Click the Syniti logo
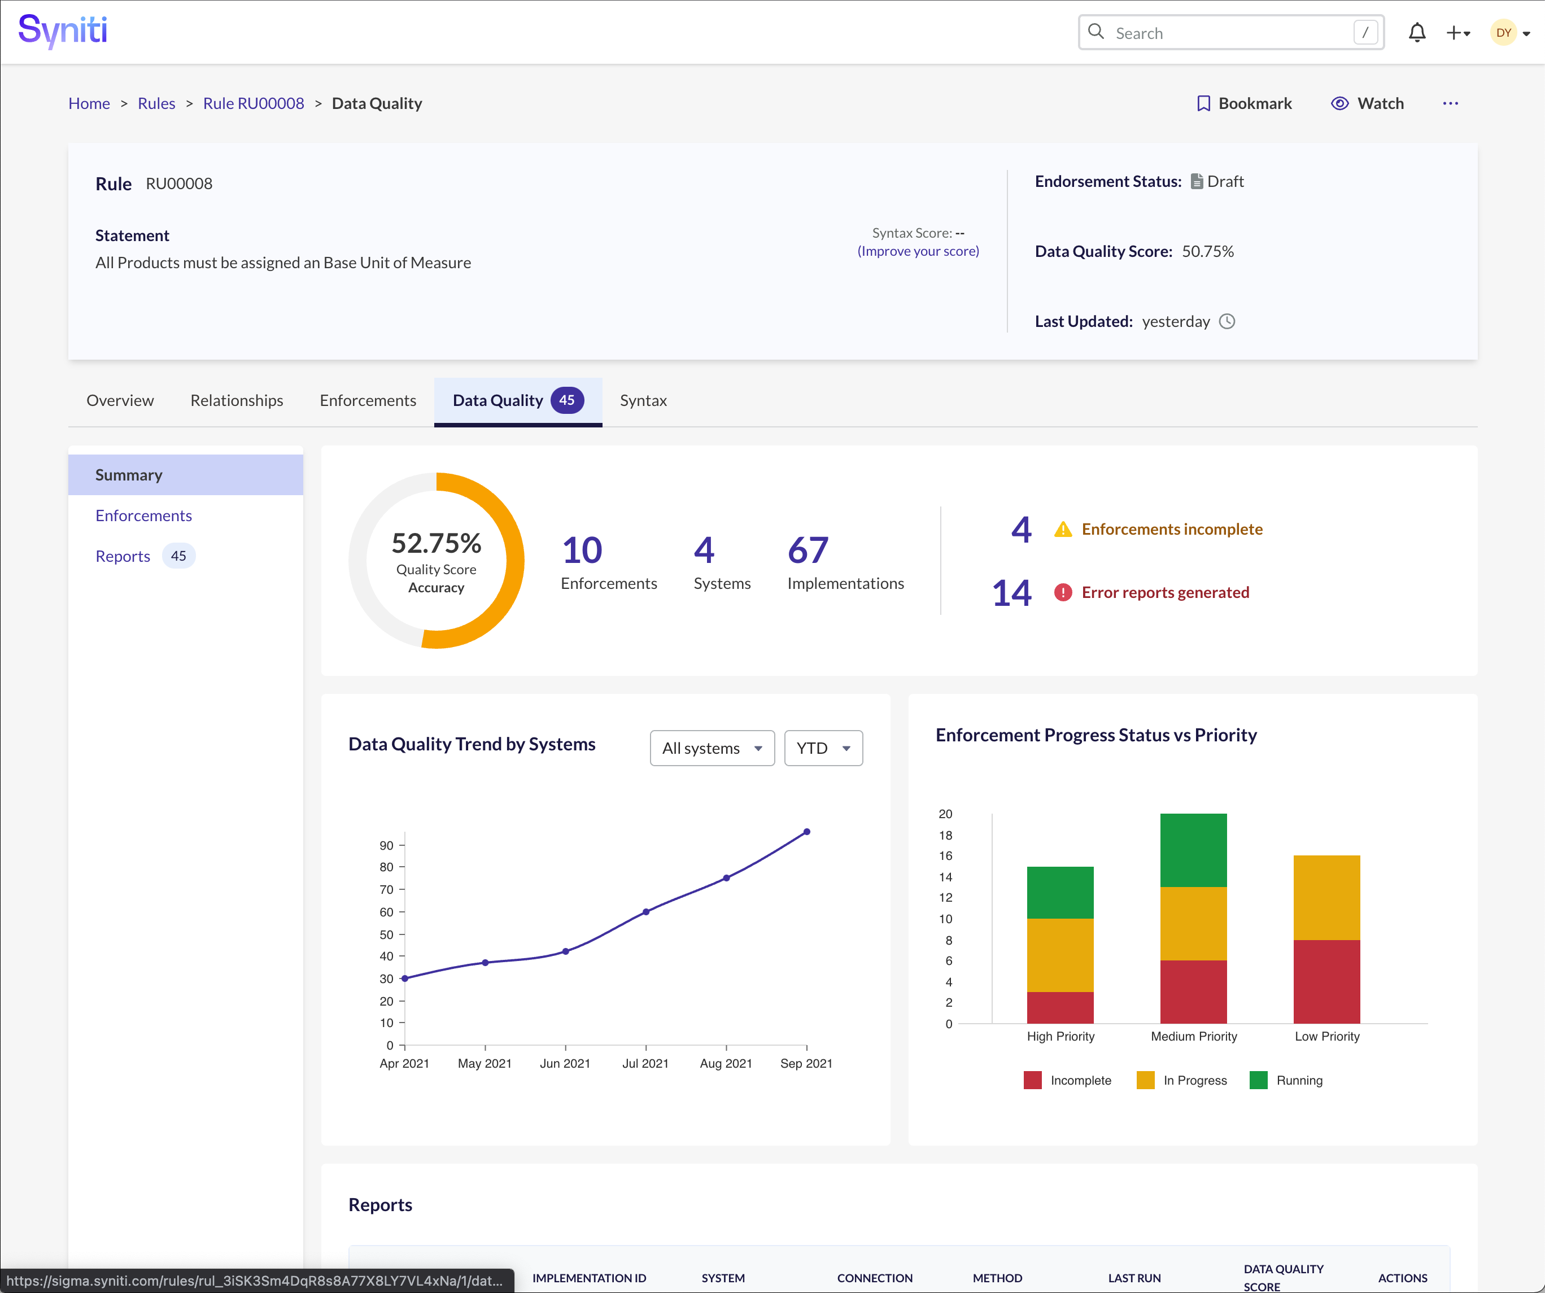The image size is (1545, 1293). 63,31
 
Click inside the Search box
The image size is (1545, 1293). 1229,33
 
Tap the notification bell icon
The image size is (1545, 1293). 1417,33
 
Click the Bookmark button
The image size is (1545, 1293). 1244,104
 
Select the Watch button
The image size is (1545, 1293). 1368,104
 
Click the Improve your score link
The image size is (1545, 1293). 918,251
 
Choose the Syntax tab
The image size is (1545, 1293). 643,401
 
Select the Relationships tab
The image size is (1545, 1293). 236,401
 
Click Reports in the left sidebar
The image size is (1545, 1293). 123,557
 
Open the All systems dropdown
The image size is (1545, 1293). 712,749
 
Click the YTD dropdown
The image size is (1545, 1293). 823,749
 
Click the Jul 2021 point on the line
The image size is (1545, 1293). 646,912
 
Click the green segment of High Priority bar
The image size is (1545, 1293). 1059,893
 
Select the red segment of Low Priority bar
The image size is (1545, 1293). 1326,982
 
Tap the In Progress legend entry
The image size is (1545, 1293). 1182,1081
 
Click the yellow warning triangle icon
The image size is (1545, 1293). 1062,530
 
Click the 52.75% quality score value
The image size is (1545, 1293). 437,544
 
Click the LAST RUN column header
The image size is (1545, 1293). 1134,1278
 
